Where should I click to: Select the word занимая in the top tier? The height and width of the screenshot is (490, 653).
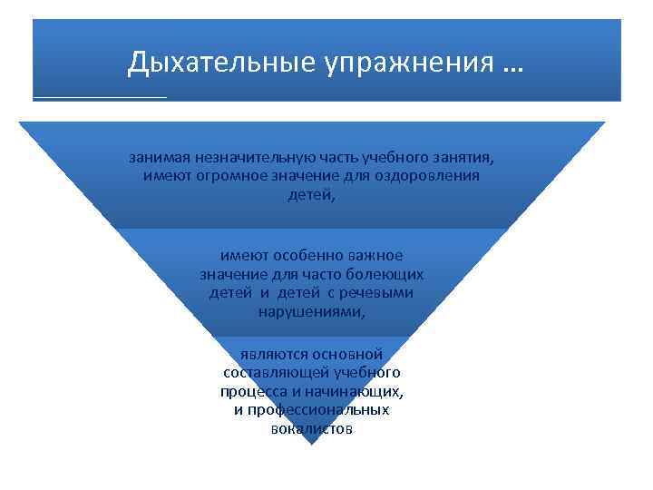coord(159,156)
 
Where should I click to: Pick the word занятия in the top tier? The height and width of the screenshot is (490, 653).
coord(462,156)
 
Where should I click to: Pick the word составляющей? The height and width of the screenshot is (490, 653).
coord(276,373)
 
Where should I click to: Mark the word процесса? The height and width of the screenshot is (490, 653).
coord(250,392)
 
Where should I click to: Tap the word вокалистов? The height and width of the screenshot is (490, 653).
coord(311,429)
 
